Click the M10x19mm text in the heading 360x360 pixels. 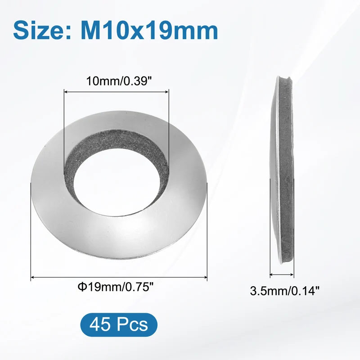tap(149, 31)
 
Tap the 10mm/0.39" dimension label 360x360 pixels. tap(119, 81)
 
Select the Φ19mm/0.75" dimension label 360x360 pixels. tap(115, 287)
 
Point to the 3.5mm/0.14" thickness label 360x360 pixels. tap(285, 291)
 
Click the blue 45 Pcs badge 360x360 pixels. tap(119, 324)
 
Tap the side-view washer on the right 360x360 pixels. tap(282, 170)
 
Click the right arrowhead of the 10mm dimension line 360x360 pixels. tap(167, 92)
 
